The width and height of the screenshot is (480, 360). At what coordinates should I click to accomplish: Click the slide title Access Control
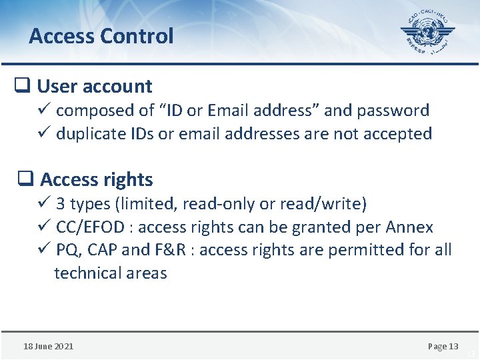(x=101, y=36)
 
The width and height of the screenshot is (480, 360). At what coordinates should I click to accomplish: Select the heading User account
(x=95, y=86)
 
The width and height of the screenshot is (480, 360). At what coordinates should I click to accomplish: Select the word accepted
(x=398, y=133)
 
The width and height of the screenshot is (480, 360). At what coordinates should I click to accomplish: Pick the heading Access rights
(x=97, y=179)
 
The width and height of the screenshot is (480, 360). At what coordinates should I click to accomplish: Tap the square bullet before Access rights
(x=25, y=179)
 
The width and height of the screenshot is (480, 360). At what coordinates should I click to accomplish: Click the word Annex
(x=409, y=227)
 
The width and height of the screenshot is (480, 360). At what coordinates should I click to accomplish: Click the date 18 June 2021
(x=49, y=346)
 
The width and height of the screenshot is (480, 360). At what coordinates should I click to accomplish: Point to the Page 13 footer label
(x=443, y=346)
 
